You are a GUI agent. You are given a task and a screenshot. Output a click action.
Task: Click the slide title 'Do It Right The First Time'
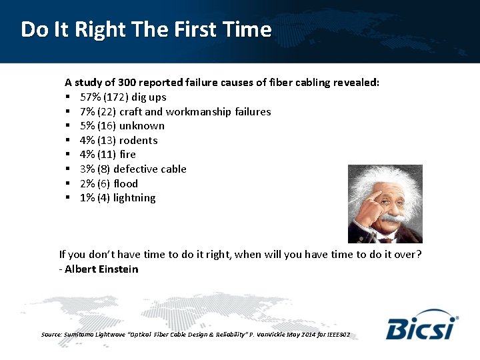[x=146, y=30]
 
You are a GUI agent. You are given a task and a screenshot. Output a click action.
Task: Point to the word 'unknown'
[x=142, y=126]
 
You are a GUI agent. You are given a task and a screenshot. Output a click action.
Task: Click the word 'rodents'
[x=138, y=141]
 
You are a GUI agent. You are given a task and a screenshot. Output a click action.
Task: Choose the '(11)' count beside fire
[x=107, y=155]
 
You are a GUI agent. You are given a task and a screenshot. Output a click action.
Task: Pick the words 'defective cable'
[x=150, y=169]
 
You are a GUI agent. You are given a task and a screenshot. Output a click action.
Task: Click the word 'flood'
[x=125, y=183]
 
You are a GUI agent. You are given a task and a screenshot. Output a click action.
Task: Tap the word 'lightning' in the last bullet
[x=135, y=198]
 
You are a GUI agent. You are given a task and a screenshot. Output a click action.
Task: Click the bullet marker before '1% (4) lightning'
[x=68, y=198]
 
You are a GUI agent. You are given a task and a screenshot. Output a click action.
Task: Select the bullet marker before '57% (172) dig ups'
[x=68, y=97]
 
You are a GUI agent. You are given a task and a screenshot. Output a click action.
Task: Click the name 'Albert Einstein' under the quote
[x=102, y=269]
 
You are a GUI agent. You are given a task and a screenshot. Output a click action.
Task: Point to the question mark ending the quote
[x=418, y=255]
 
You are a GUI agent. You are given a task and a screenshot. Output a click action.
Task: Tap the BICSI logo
[x=422, y=325]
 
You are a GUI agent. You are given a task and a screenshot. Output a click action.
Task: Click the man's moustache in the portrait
[x=393, y=219]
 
